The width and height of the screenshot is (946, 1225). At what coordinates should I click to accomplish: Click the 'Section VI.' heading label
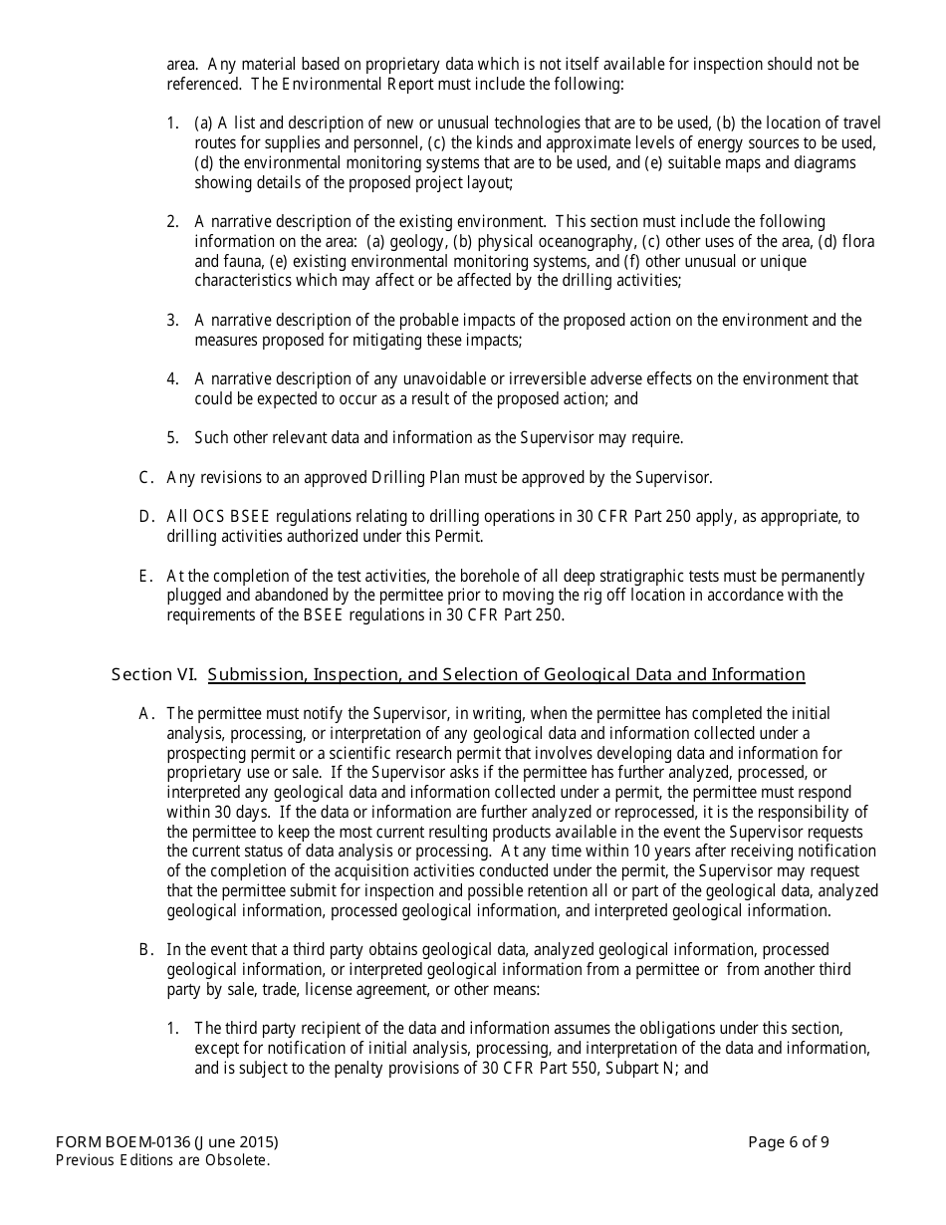(155, 675)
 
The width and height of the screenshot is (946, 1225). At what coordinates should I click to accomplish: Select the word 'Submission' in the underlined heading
(255, 675)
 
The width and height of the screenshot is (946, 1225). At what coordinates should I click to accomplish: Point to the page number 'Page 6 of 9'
(789, 1142)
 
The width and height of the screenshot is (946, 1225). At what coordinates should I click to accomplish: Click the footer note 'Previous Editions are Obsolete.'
(163, 1160)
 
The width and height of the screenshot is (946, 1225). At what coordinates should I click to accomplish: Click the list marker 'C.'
(146, 478)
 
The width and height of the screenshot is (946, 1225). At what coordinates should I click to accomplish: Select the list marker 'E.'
(146, 577)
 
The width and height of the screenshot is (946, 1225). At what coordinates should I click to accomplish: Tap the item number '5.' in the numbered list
(173, 438)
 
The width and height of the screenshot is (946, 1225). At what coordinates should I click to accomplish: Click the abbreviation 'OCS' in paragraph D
(205, 517)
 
